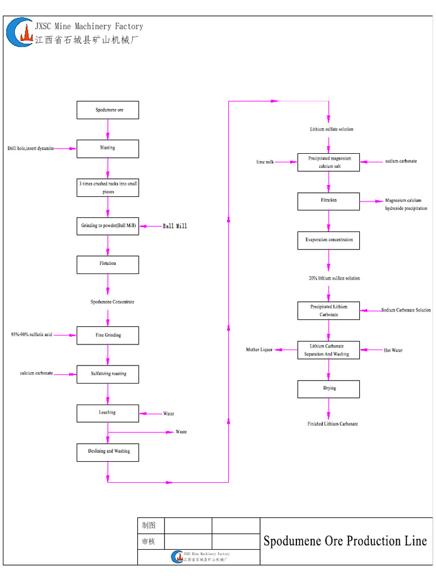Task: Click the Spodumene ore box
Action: pos(108,110)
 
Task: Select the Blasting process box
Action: pos(108,148)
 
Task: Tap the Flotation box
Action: pos(108,264)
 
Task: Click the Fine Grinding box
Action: pos(108,335)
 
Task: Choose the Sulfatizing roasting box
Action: pos(108,374)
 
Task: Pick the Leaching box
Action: pos(108,413)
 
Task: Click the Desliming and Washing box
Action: pos(108,452)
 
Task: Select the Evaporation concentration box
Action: pos(329,240)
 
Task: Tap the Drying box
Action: pos(329,389)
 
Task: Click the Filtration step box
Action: pos(329,201)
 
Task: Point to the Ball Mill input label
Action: pos(175,226)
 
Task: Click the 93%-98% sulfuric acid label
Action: pos(32,335)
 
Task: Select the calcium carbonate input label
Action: pos(37,373)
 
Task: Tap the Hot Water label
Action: pos(393,350)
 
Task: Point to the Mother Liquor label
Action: pos(259,350)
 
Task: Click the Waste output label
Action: pos(181,432)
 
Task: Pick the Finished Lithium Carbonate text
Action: pos(333,424)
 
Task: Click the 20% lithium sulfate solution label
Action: pos(334,279)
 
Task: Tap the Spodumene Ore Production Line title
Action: pos(345,541)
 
